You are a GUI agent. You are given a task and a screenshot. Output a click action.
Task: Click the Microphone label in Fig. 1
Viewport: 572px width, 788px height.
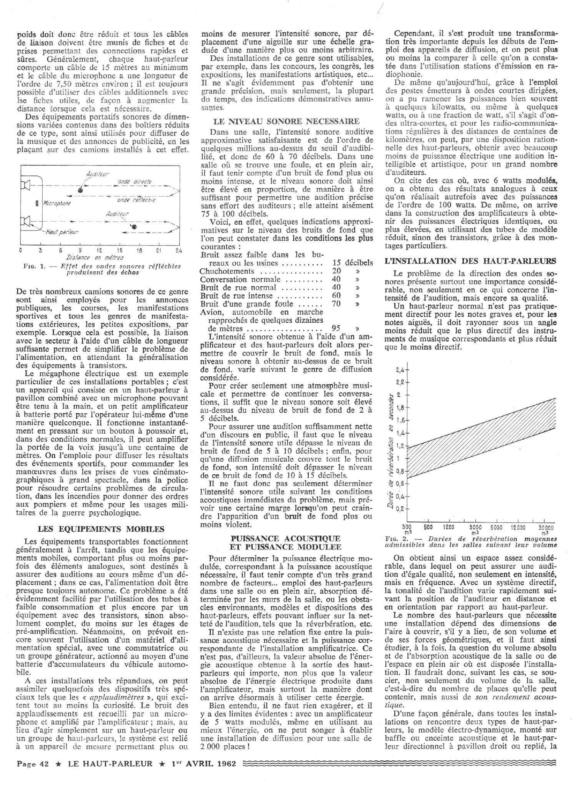[57, 203]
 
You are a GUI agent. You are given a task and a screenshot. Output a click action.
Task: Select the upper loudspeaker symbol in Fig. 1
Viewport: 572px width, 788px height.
[26, 186]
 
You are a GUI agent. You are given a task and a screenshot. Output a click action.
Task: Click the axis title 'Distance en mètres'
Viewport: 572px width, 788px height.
[95, 257]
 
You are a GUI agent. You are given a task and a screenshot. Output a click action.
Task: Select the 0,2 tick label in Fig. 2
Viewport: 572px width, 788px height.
[400, 509]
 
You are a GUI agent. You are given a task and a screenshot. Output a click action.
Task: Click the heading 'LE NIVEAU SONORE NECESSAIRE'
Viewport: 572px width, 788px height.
[286, 122]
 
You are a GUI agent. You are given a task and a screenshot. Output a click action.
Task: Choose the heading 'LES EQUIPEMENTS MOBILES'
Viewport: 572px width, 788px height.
[95, 528]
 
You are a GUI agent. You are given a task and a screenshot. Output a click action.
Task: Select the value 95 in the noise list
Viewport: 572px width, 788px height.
[336, 329]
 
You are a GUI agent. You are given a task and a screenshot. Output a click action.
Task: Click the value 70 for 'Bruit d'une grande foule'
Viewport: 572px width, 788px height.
[336, 304]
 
